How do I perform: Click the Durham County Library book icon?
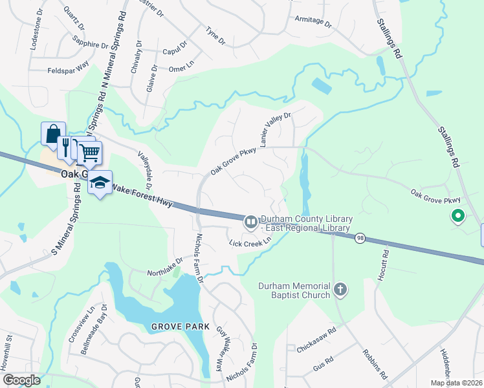[250, 222]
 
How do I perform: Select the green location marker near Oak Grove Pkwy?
[458, 216]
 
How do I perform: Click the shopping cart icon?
[90, 152]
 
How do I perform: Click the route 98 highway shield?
[360, 239]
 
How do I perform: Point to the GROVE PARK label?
[181, 327]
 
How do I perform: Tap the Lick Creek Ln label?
[249, 242]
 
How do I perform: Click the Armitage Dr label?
[313, 21]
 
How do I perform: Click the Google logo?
[22, 380]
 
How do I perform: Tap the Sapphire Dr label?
[91, 45]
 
